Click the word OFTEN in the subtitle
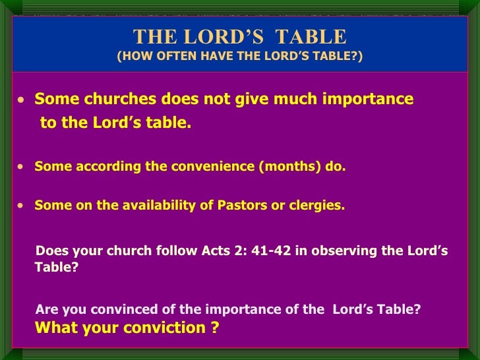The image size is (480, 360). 169,57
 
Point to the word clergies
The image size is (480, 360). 317,205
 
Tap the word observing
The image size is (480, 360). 344,251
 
